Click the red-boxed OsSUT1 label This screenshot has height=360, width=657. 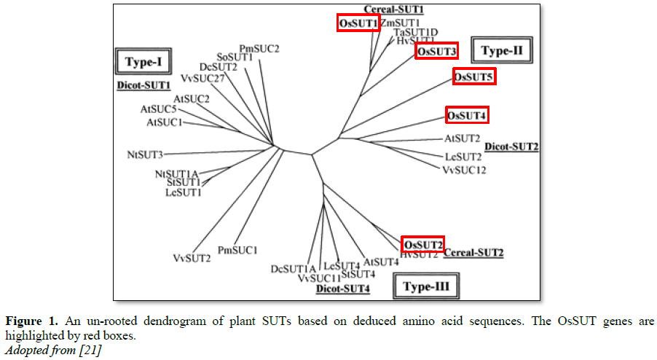click(x=358, y=24)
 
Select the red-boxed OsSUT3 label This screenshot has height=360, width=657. click(x=436, y=51)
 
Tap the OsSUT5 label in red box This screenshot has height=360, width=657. click(x=474, y=77)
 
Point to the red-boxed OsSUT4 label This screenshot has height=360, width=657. click(x=467, y=115)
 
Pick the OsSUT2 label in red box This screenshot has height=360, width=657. click(x=422, y=243)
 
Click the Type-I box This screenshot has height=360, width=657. click(x=142, y=61)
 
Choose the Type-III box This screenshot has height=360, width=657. click(x=426, y=286)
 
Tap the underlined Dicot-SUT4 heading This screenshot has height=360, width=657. click(x=342, y=289)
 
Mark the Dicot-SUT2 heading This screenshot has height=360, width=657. click(x=511, y=147)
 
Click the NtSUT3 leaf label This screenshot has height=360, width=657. click(x=145, y=154)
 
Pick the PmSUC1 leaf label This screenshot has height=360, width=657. click(x=237, y=251)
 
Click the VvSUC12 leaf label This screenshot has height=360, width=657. click(x=464, y=171)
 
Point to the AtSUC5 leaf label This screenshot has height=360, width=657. click(x=159, y=109)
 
